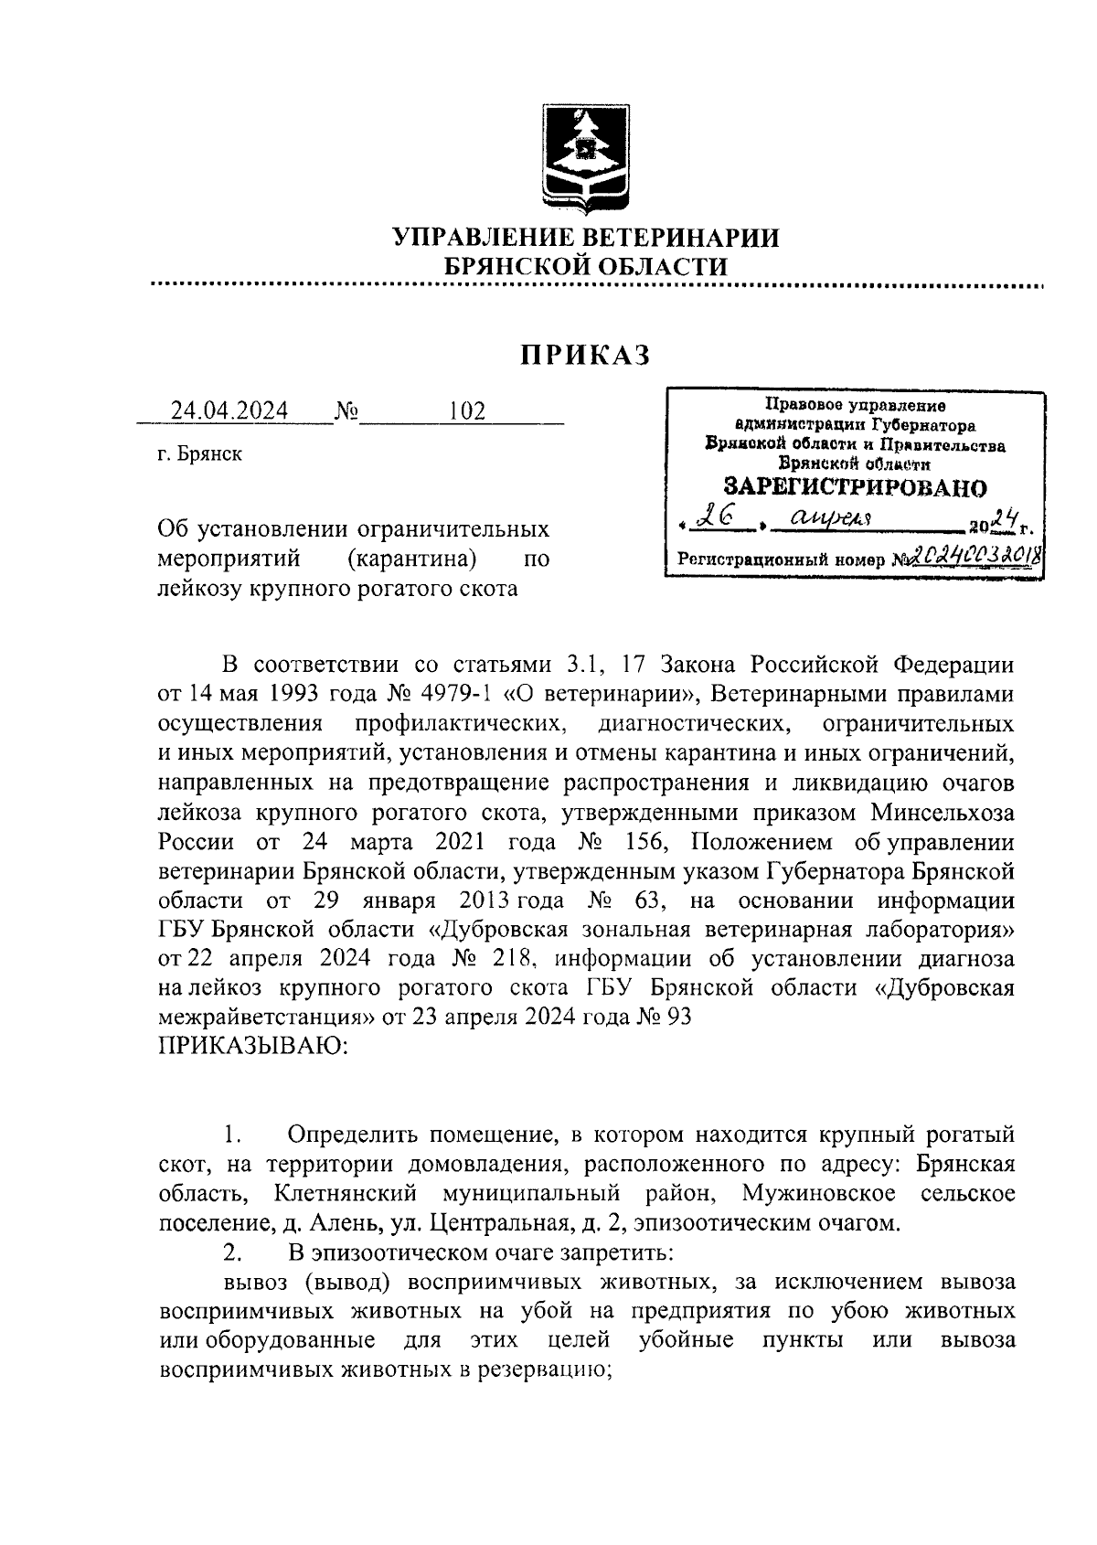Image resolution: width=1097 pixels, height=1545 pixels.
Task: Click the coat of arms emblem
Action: [586, 157]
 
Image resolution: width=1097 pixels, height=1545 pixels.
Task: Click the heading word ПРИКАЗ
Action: [586, 355]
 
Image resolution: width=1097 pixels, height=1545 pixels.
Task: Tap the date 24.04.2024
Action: [229, 410]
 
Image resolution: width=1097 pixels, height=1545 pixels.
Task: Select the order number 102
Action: [466, 410]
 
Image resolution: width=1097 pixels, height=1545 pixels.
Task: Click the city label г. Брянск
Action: [199, 454]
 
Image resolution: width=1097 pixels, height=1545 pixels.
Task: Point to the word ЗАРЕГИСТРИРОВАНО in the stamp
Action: [855, 485]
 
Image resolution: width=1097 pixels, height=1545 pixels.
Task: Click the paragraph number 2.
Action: [232, 1252]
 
